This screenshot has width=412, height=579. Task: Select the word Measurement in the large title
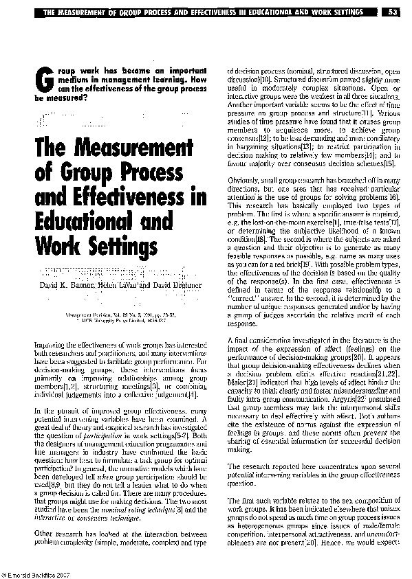(x=128, y=147)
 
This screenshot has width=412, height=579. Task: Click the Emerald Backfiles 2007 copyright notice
(x=36, y=574)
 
